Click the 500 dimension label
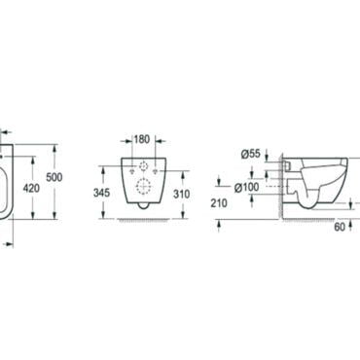pyautogui.click(x=54, y=177)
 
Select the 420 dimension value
pyautogui.click(x=31, y=188)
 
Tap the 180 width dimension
pyautogui.click(x=142, y=139)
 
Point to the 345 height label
pyautogui.click(x=101, y=193)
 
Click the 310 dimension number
pyautogui.click(x=181, y=194)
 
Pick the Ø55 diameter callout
pyautogui.click(x=250, y=154)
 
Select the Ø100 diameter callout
pyautogui.click(x=247, y=187)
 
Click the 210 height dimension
pyautogui.click(x=219, y=203)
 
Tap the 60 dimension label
pyautogui.click(x=340, y=227)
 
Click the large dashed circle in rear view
pyautogui.click(x=143, y=186)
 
